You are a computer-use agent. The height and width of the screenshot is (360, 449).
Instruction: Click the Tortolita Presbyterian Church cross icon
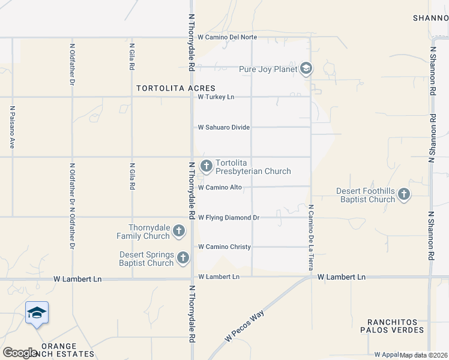tap(206, 166)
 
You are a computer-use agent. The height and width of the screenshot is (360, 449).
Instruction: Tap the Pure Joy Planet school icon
tap(306, 69)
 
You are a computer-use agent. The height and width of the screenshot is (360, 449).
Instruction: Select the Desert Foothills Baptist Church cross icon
tap(403, 194)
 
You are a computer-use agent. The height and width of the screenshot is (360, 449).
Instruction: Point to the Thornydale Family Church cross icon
tap(178, 230)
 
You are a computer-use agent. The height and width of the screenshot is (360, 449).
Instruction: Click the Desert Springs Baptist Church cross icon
tap(182, 258)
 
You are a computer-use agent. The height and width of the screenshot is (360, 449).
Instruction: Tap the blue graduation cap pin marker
tap(37, 313)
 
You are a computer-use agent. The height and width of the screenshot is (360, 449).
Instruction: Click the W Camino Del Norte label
tap(227, 37)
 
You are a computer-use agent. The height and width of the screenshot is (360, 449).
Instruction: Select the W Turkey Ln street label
tap(216, 97)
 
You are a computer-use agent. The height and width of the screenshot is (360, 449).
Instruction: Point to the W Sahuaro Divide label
tap(224, 127)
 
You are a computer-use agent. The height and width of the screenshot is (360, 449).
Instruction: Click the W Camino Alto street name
tap(220, 187)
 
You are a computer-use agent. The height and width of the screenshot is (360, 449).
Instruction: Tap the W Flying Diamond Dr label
tap(228, 217)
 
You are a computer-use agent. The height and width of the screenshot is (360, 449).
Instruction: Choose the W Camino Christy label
tap(224, 247)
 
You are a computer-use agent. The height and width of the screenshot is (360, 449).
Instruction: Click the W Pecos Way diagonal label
tap(244, 326)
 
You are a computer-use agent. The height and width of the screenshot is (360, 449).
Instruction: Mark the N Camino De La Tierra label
tap(312, 237)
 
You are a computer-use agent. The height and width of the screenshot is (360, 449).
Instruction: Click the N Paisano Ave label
tap(12, 127)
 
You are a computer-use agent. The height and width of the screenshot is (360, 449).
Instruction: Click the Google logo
tap(20, 353)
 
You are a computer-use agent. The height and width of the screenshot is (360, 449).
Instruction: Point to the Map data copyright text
tap(424, 355)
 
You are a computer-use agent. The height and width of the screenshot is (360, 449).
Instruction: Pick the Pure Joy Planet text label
tap(268, 70)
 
